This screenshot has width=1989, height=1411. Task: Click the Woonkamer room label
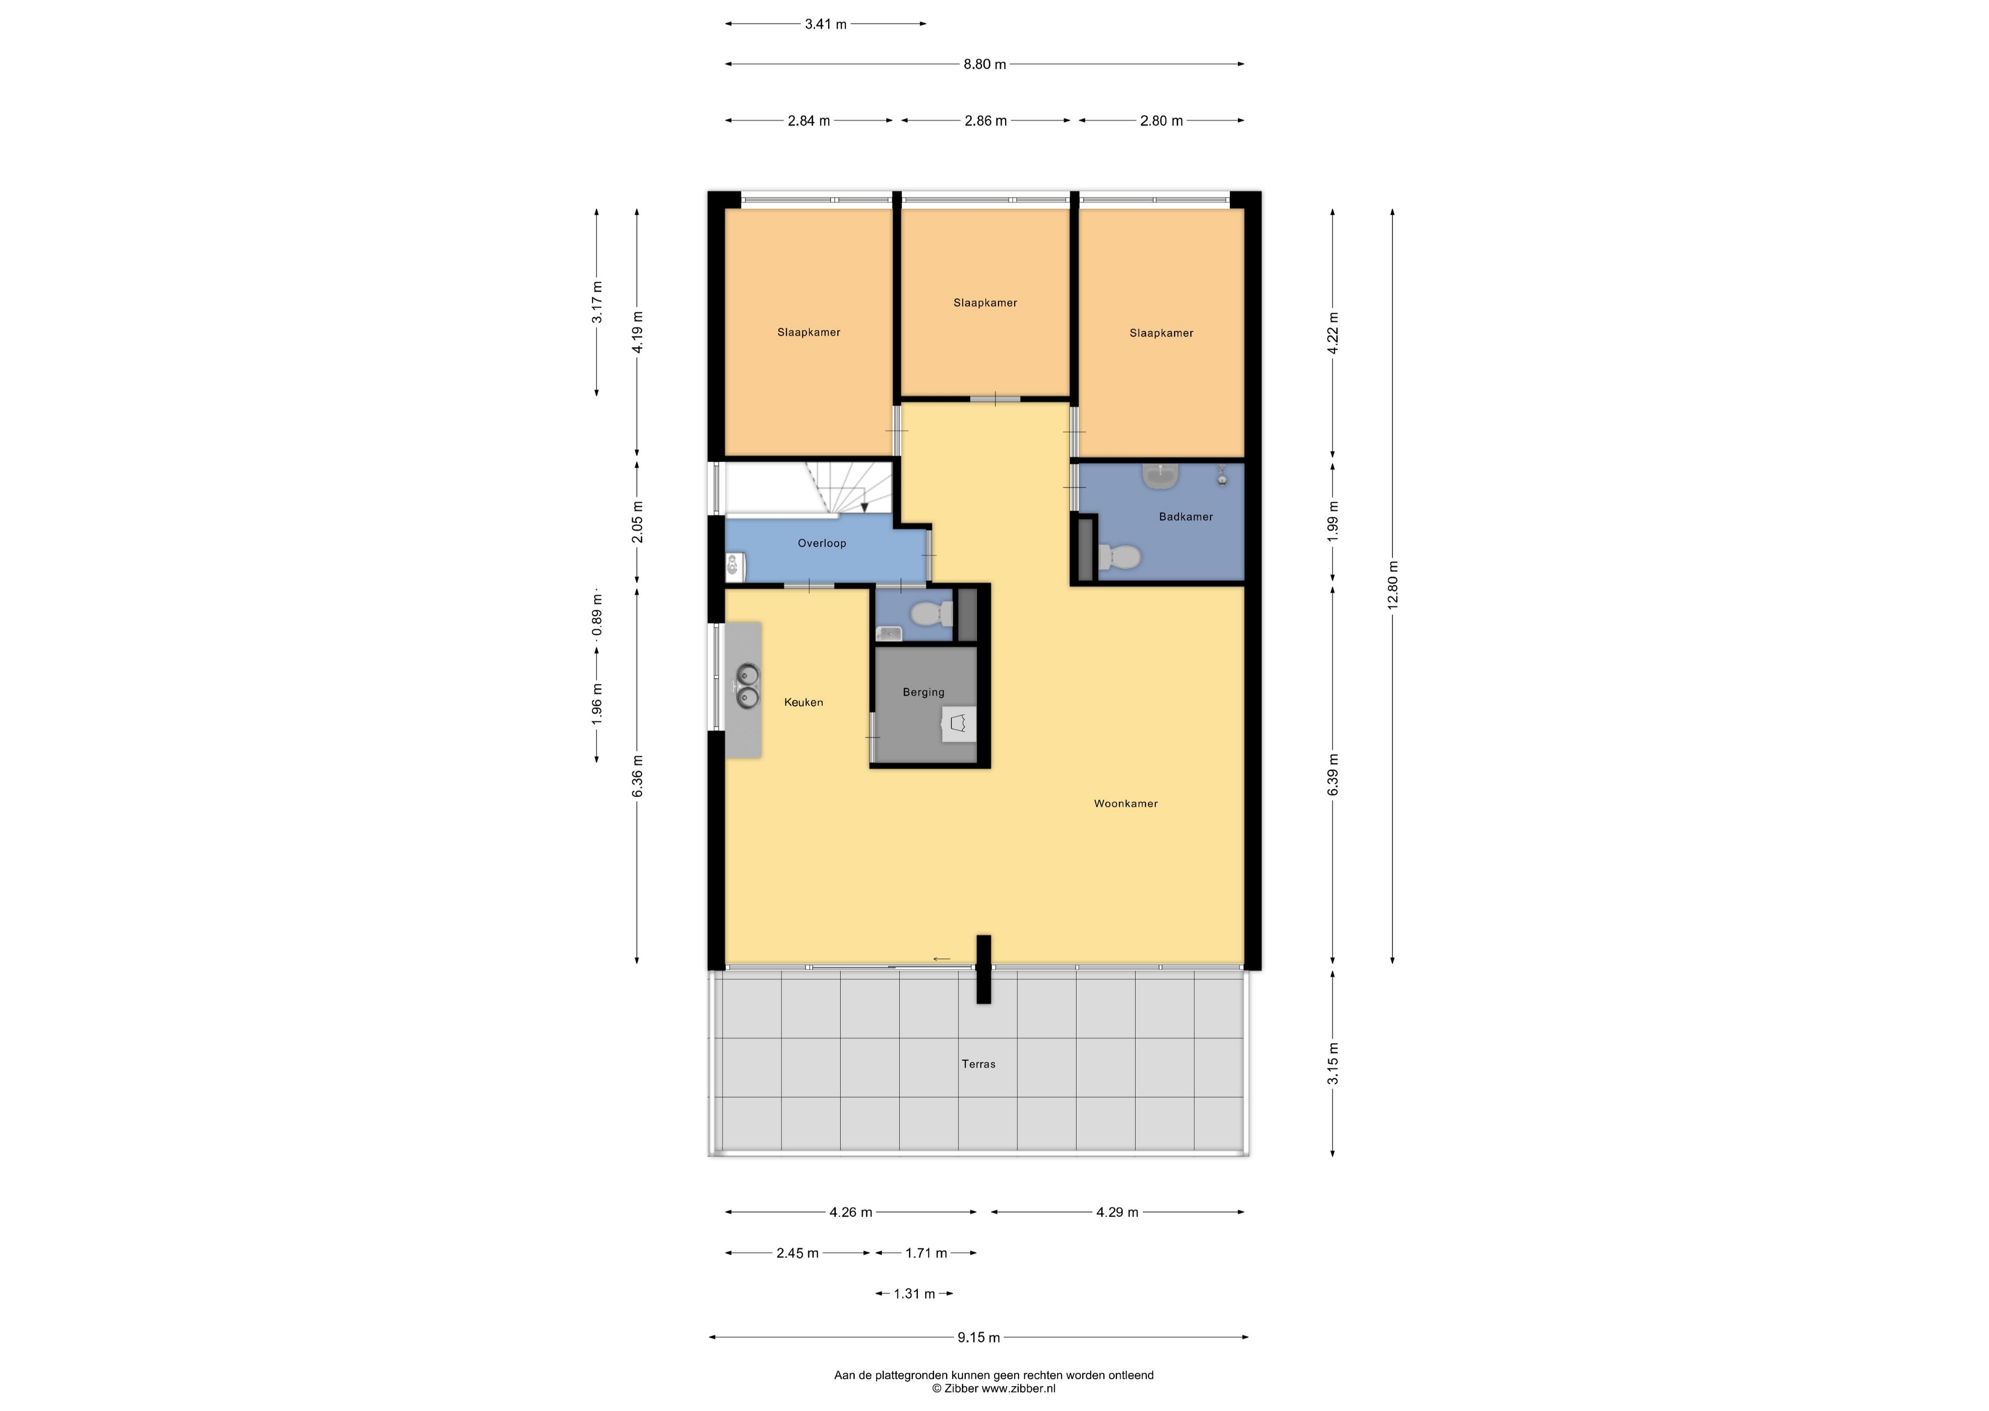point(1125,804)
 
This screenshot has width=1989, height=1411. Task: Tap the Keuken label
point(804,702)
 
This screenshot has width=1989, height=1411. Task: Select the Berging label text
point(923,692)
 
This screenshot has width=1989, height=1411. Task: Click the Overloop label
point(822,543)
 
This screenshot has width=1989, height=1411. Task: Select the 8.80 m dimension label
point(985,65)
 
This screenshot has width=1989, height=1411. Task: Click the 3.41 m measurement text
point(825,24)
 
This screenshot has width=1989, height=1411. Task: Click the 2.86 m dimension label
point(986,121)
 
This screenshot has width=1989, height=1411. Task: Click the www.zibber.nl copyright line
point(993,1388)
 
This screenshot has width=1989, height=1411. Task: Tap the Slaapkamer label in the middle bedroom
point(985,303)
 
